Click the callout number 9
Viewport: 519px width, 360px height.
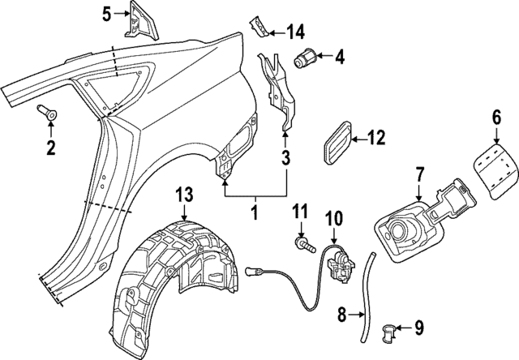click(418, 328)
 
